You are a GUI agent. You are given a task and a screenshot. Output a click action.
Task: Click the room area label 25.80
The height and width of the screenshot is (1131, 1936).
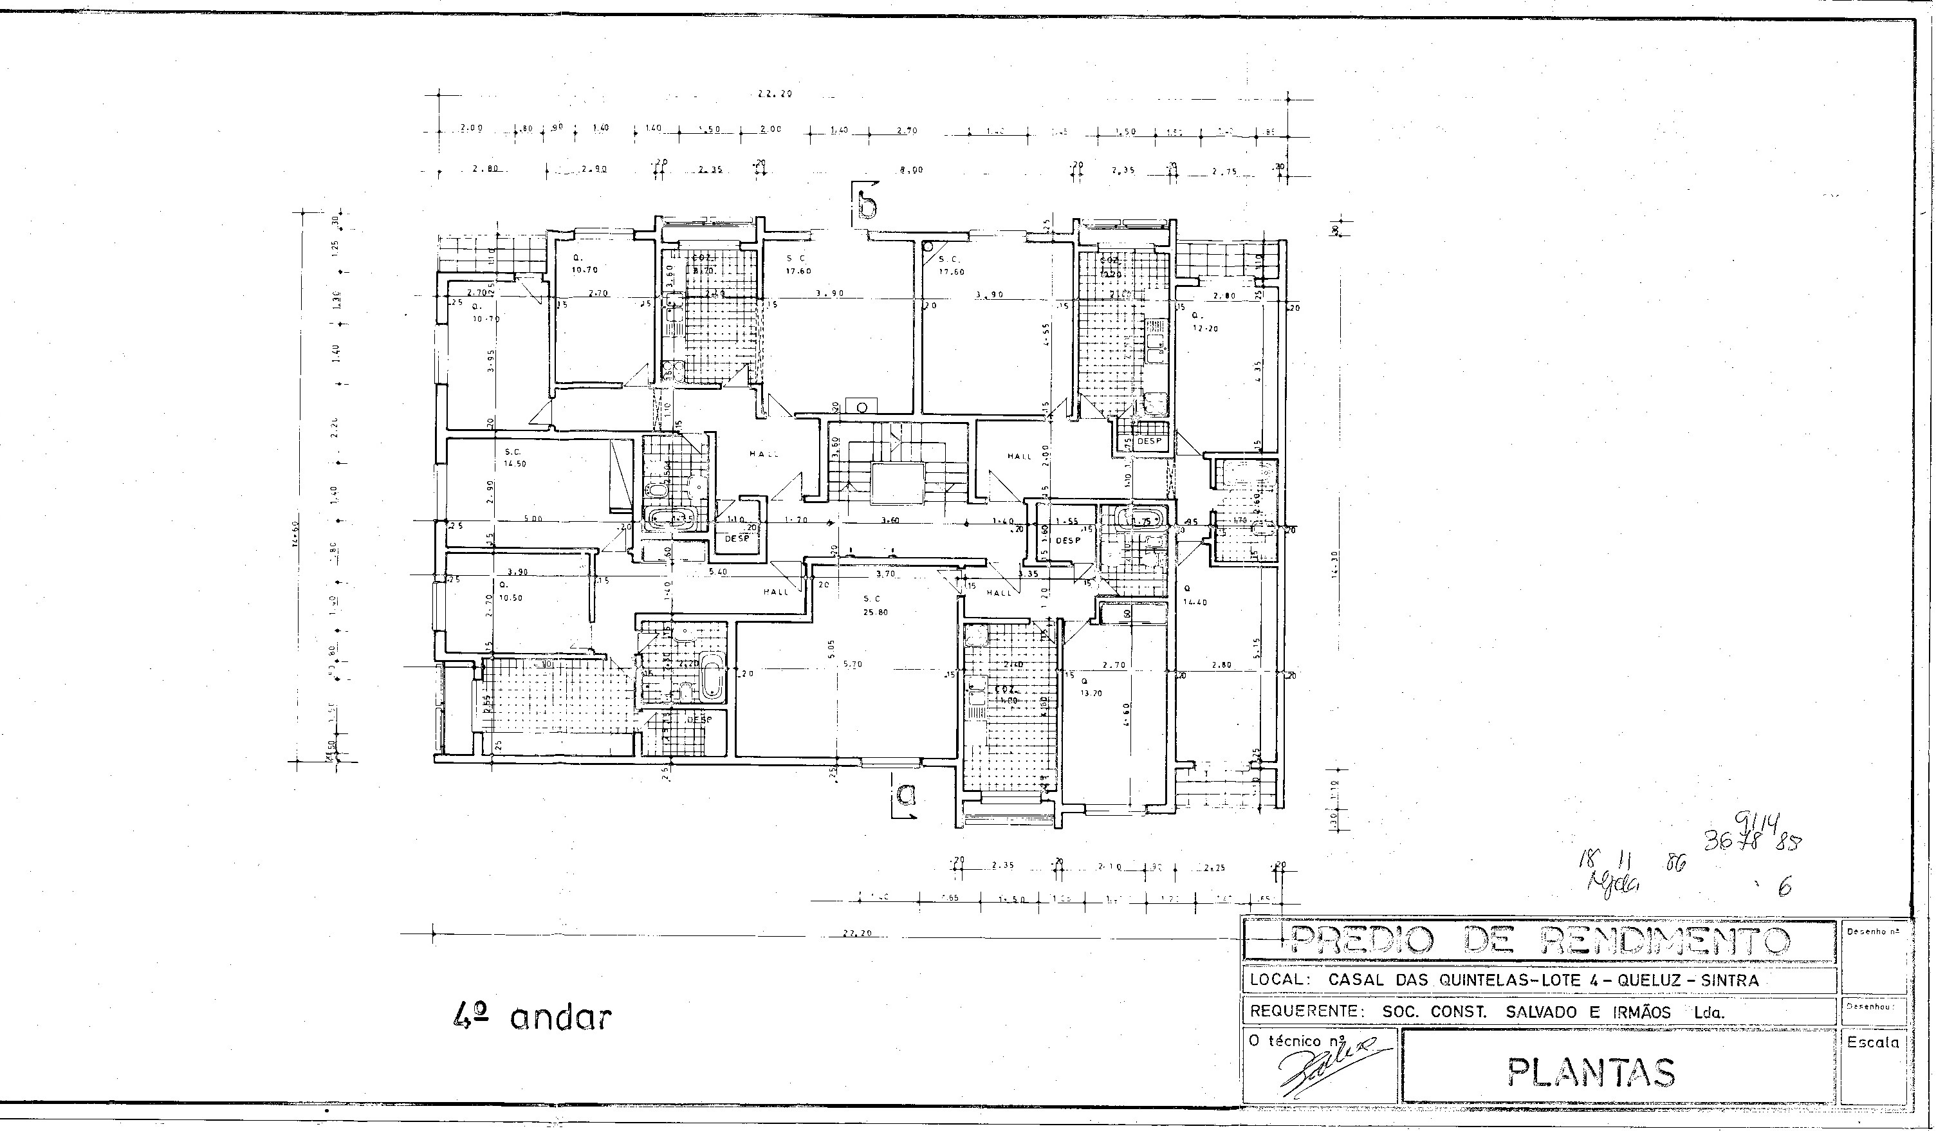point(875,612)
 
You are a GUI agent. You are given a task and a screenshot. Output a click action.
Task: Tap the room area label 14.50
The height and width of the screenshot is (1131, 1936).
point(515,464)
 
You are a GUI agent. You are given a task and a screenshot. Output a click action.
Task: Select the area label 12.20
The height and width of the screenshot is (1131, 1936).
point(1205,328)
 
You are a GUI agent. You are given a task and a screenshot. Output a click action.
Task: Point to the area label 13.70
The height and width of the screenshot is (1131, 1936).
point(1091,693)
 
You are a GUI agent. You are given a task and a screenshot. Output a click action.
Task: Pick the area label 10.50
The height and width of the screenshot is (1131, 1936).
point(510,598)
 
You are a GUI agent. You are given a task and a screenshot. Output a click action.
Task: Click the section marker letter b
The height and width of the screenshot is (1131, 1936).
point(867,205)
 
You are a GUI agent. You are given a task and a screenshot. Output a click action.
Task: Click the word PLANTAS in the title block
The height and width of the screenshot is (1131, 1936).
point(1590,1072)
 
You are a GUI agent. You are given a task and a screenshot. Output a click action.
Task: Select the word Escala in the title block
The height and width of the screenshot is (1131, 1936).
point(1873,1043)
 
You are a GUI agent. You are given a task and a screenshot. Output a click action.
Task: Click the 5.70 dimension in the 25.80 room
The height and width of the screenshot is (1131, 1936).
point(852,664)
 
